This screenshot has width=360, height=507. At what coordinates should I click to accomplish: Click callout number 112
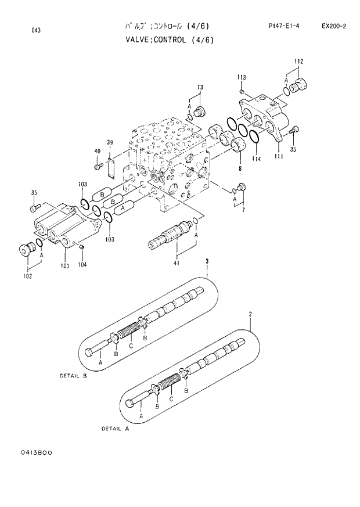point(298,62)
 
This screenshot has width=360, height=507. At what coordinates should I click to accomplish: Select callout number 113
point(242,77)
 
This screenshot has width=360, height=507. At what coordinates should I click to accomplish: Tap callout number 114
point(256,159)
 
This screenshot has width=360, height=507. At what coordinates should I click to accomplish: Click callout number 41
point(176,264)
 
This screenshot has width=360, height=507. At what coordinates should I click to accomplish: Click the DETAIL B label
point(73,375)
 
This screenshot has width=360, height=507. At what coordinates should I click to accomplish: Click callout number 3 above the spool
point(207,263)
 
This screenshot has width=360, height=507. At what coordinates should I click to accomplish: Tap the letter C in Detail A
point(171,399)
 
